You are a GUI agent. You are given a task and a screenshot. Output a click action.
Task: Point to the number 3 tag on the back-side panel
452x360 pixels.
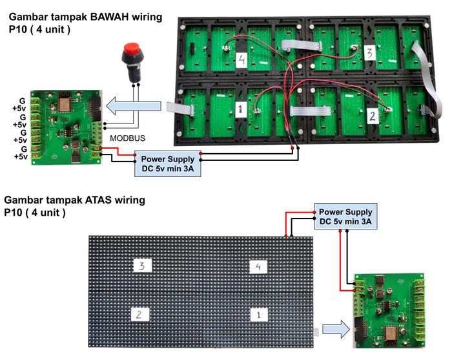(x=369, y=53)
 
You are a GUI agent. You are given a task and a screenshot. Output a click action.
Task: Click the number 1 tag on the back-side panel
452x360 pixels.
(x=239, y=109)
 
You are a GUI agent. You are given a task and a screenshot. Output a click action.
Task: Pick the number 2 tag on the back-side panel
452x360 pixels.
(x=372, y=116)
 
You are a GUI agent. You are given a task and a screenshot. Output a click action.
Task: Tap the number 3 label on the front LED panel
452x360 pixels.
(x=141, y=265)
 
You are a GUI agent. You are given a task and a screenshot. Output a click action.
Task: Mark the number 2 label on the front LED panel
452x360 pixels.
(x=139, y=314)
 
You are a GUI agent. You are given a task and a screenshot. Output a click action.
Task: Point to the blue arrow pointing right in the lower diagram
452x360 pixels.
(x=334, y=330)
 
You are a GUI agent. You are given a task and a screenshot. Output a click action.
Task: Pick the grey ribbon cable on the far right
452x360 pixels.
(x=429, y=78)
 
